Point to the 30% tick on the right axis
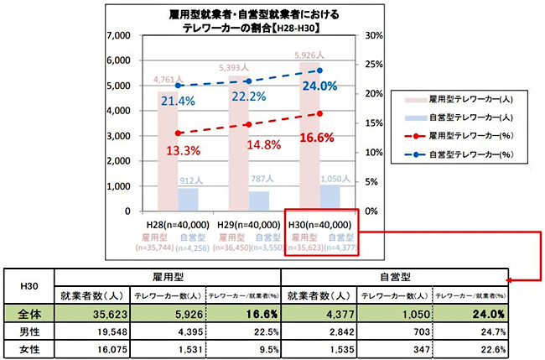click(374, 37)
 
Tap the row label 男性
click(29, 333)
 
